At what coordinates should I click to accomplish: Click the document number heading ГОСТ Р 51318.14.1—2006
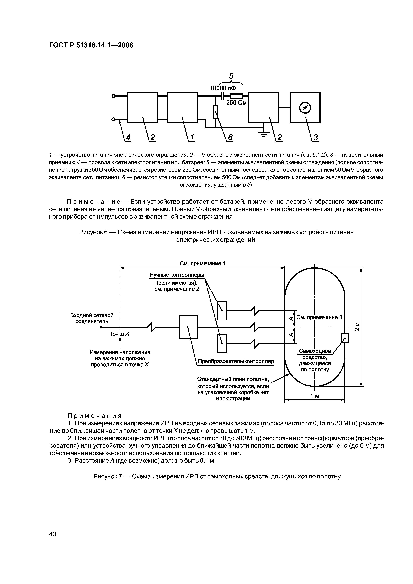click(x=91, y=45)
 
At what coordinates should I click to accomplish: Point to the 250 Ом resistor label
click(x=237, y=103)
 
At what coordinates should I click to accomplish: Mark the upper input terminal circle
click(x=114, y=96)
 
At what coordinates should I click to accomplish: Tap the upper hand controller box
click(x=222, y=311)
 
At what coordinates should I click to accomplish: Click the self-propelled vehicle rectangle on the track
click(x=345, y=338)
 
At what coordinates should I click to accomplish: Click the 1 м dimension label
click(x=315, y=396)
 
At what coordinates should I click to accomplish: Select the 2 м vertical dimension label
click(x=357, y=327)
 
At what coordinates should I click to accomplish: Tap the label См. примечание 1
click(x=203, y=263)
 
